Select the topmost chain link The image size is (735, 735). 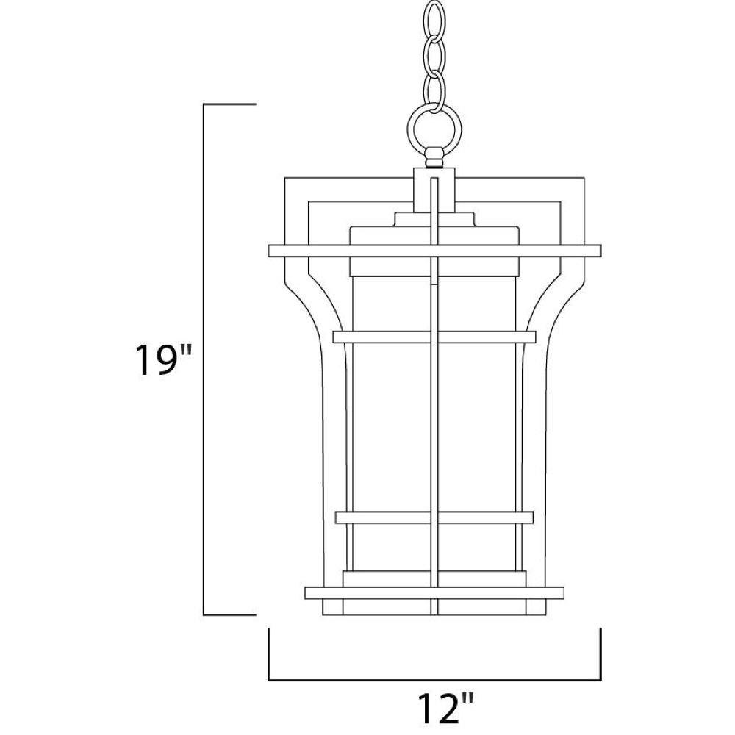[434, 20]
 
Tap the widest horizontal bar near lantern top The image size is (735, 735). [434, 251]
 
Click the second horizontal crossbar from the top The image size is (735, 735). [434, 337]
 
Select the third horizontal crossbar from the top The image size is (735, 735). [434, 517]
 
